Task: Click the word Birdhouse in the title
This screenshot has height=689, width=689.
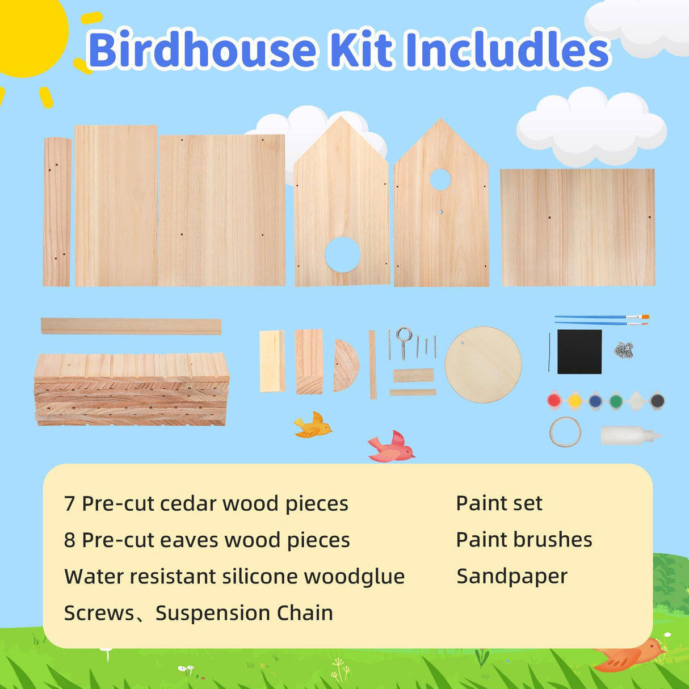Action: (x=201, y=50)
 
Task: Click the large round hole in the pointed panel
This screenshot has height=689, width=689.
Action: (x=342, y=254)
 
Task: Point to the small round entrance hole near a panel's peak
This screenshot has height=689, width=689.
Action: (x=440, y=179)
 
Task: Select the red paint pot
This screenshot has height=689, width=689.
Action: (x=554, y=401)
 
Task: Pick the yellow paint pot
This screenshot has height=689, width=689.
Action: (x=575, y=401)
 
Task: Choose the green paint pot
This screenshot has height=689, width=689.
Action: (x=616, y=401)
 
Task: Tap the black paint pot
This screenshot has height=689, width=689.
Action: (x=657, y=401)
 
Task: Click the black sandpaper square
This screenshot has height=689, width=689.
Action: (x=579, y=352)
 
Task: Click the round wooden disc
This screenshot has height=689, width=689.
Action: (x=483, y=364)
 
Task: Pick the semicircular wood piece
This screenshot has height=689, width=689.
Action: (x=345, y=365)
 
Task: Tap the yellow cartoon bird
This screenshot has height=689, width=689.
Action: (x=312, y=426)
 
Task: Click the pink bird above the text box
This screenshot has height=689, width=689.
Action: (x=392, y=447)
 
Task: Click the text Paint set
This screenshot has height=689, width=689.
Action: (x=499, y=503)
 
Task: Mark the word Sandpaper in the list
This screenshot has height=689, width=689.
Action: (x=512, y=576)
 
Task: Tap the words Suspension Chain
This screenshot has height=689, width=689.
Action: (x=244, y=613)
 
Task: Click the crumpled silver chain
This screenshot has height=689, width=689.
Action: (x=623, y=350)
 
